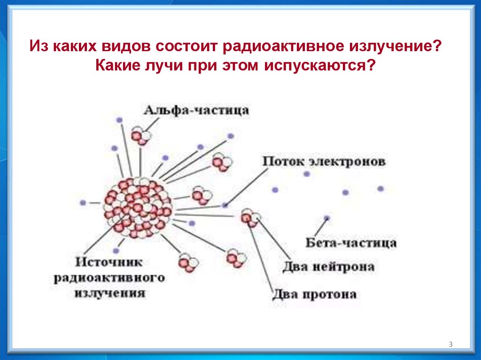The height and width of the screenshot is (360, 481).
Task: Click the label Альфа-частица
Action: [196, 110]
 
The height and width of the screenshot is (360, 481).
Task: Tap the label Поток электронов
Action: [324, 162]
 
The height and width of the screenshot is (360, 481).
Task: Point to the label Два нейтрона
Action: [328, 267]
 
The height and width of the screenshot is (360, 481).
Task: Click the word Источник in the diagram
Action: [109, 261]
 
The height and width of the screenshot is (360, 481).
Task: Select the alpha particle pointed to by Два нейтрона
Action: [250, 218]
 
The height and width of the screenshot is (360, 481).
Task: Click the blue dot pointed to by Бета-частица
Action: [326, 218]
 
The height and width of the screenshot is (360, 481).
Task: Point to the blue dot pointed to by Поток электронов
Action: [226, 205]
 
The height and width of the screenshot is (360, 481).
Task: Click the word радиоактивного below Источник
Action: [109, 277]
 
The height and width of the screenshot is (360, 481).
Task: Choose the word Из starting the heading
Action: [39, 46]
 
